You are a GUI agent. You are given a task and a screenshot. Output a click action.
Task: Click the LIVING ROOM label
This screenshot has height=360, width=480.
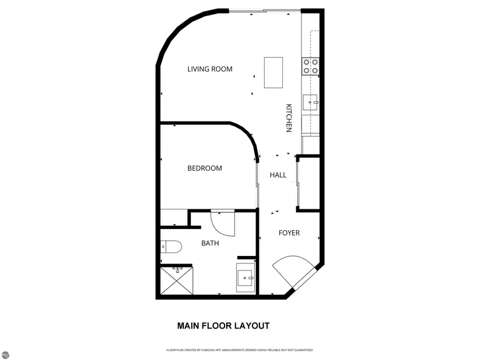[209, 69]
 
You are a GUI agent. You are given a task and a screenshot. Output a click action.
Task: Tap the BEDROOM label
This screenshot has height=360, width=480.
[204, 168]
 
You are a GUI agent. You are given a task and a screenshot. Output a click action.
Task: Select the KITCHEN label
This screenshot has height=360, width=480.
[289, 118]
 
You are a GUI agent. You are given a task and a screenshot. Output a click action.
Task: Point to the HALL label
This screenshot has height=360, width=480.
[278, 175]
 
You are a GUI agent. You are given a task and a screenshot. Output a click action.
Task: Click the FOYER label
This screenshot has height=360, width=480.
[289, 233]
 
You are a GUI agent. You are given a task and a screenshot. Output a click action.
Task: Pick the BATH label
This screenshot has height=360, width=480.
[210, 243]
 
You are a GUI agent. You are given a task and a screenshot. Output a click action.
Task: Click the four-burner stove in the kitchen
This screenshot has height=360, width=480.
[311, 66]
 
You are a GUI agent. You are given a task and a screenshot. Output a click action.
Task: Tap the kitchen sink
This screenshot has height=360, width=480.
[311, 102]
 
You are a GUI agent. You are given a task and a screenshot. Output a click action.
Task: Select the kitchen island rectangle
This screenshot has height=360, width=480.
[273, 73]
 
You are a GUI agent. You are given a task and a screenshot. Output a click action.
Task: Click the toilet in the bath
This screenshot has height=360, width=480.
[171, 247]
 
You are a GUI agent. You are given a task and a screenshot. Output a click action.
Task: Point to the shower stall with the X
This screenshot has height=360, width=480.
[177, 281]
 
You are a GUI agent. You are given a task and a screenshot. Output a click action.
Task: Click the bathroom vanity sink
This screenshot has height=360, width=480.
[246, 277]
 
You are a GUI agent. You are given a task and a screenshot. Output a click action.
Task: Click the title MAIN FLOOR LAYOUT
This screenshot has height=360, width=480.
[223, 326]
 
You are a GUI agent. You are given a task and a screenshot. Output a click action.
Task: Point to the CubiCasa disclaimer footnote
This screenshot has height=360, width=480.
[240, 350]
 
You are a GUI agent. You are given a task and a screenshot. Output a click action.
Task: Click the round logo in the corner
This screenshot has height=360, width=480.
[5, 355]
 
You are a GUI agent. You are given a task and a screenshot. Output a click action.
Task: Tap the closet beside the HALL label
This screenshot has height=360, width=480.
[308, 184]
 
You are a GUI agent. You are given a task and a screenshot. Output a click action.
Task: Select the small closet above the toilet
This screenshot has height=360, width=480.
[174, 218]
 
